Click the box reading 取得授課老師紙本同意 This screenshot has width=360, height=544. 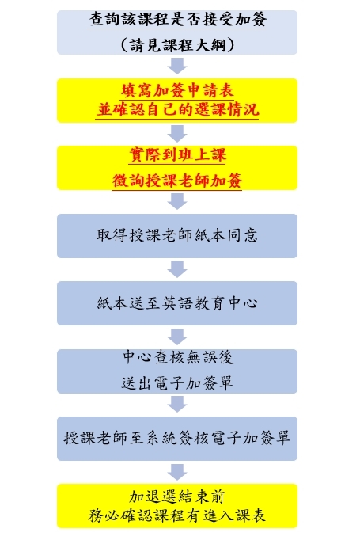click(177, 236)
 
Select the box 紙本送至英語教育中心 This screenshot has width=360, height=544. click(177, 303)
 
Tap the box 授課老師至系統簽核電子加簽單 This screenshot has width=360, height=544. click(177, 439)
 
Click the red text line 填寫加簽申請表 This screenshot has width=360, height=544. click(177, 91)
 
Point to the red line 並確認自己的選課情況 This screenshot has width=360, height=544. click(177, 110)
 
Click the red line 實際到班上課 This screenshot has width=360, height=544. click(177, 154)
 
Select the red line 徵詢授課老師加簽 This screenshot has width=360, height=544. click(177, 181)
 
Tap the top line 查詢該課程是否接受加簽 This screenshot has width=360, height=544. click(177, 20)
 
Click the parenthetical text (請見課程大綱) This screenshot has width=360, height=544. click(177, 45)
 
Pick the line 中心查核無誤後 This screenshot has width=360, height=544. click(177, 357)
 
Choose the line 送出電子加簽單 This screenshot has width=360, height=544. click(177, 383)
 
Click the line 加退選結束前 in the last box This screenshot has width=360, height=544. click(177, 496)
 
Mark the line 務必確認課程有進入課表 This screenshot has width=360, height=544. click(177, 516)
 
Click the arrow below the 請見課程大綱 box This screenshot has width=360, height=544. click(177, 66)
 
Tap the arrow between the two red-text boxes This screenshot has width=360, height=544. click(177, 134)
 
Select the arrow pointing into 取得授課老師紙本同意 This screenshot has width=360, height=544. click(177, 202)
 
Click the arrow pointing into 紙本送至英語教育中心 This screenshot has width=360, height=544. click(177, 269)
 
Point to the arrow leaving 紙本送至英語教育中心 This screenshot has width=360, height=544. click(177, 337)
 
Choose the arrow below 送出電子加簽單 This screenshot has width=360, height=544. click(177, 405)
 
